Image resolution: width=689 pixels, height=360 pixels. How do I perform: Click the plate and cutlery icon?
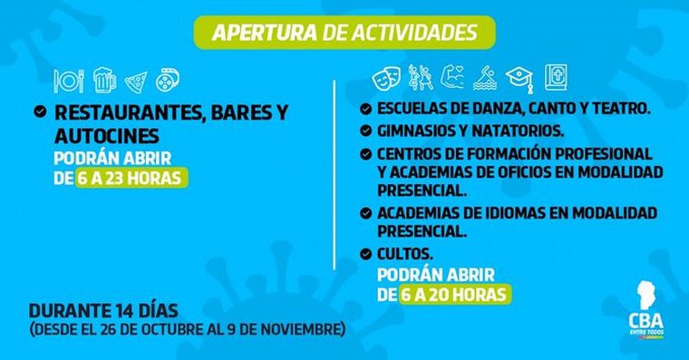tap(68, 80)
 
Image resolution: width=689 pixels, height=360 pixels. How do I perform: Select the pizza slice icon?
tap(134, 80)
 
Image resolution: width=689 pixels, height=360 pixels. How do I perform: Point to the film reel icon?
tap(167, 80)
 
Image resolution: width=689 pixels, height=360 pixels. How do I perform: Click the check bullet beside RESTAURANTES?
tap(38, 114)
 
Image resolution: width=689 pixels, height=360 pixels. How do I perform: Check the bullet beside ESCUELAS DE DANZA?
tap(365, 108)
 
